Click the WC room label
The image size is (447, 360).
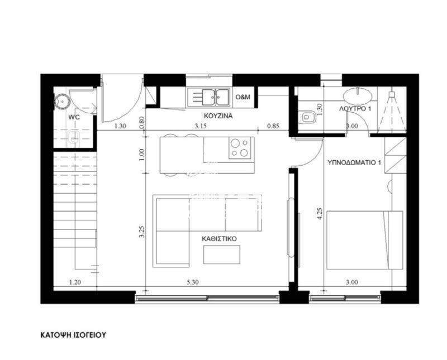coord(74,117)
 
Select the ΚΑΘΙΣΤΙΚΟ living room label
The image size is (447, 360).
coord(219,239)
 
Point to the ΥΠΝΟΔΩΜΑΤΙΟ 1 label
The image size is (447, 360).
coord(354,162)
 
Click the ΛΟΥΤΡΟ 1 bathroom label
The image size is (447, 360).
coord(355,108)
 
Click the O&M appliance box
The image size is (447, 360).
coord(243,97)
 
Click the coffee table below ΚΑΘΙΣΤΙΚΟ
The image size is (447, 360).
coord(222,255)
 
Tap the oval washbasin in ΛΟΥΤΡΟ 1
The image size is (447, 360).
coord(358,95)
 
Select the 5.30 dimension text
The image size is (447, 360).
coord(193,282)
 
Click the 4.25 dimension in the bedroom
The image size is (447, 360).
coord(320,214)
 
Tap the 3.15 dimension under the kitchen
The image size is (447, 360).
coord(201,126)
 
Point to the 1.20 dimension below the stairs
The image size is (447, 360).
coord(75,282)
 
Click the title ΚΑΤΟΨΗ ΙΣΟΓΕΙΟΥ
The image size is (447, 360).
coord(73,335)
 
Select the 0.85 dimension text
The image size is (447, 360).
coord(273,126)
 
